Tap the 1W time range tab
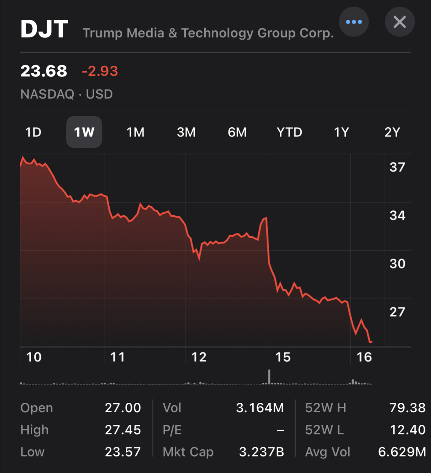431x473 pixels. pyautogui.click(x=84, y=132)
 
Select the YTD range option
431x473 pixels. pyautogui.click(x=289, y=132)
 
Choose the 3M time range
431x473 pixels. pyautogui.click(x=186, y=132)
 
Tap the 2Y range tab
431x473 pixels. pyautogui.click(x=392, y=132)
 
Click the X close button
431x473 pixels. pyautogui.click(x=399, y=22)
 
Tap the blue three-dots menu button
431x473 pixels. pyautogui.click(x=354, y=22)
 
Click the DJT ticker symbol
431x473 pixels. pyautogui.click(x=44, y=30)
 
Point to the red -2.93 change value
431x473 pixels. pyautogui.click(x=100, y=71)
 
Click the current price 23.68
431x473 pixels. pyautogui.click(x=44, y=71)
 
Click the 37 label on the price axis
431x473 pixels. pyautogui.click(x=397, y=167)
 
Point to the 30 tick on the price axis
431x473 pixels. pyautogui.click(x=397, y=263)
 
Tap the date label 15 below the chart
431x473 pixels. pyautogui.click(x=283, y=357)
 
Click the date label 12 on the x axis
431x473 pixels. pyautogui.click(x=199, y=357)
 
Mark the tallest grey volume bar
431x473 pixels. pyautogui.click(x=269, y=376)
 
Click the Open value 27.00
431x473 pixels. pyautogui.click(x=123, y=408)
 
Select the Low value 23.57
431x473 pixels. pyautogui.click(x=123, y=452)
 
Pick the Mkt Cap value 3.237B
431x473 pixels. pyautogui.click(x=261, y=452)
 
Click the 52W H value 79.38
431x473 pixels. pyautogui.click(x=407, y=408)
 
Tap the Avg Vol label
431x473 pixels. pyautogui.click(x=327, y=452)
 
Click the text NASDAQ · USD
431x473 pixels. pyautogui.click(x=67, y=94)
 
